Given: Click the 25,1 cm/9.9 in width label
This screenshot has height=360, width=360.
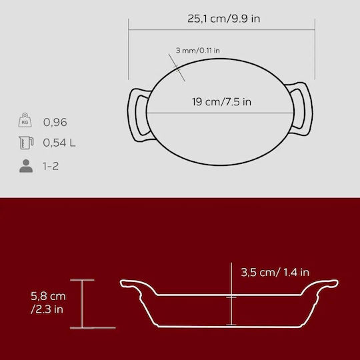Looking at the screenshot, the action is pos(223,19).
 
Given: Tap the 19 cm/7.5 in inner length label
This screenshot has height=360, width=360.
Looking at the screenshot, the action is pos(221,102).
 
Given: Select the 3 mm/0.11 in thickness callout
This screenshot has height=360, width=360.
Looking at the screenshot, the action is pos(198,50).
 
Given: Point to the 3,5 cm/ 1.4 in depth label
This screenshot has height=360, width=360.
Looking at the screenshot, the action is pos(275,272).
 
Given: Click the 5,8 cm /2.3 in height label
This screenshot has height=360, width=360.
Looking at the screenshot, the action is pos(48,303).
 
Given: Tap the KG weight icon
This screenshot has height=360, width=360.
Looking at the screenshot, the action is pos(25,120).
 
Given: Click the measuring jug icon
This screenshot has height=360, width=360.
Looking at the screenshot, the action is pos(26,143).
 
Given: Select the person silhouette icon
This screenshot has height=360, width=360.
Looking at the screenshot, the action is pos(26,166).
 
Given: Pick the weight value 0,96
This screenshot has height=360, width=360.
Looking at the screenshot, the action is pos(55,122).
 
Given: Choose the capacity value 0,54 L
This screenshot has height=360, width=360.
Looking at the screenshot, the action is pos(59,143).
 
